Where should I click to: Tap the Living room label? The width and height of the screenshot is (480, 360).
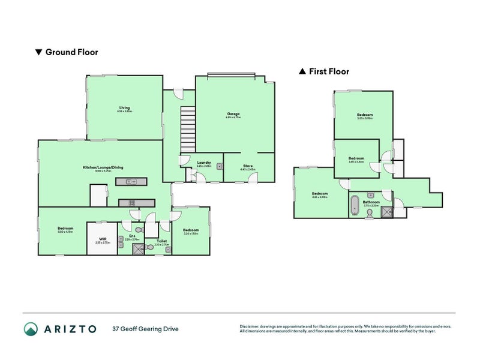tap(124, 108)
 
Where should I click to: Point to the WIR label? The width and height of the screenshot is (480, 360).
tap(103, 239)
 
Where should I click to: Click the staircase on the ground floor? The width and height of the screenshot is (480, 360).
tap(188, 129)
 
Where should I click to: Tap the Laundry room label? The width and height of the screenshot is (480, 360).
tap(203, 162)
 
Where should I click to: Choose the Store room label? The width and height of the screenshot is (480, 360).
tap(248, 165)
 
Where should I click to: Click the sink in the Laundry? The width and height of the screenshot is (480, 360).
tap(220, 166)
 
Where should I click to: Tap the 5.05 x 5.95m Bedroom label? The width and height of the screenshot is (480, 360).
tap(365, 115)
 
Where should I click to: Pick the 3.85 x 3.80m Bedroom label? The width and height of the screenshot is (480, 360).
tap(356, 158)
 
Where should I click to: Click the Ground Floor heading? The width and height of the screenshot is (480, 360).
tap(71, 52)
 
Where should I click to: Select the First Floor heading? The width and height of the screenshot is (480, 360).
tap(329, 71)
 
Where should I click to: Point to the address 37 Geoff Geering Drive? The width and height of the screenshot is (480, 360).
tap(145, 329)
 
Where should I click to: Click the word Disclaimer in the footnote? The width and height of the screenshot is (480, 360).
tap(251, 326)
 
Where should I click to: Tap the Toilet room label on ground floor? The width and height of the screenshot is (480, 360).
tap(161, 241)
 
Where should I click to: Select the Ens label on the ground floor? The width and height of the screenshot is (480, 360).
tap(131, 236)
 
